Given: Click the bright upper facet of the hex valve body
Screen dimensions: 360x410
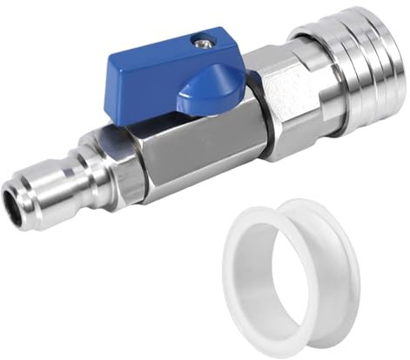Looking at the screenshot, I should click(x=174, y=126).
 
